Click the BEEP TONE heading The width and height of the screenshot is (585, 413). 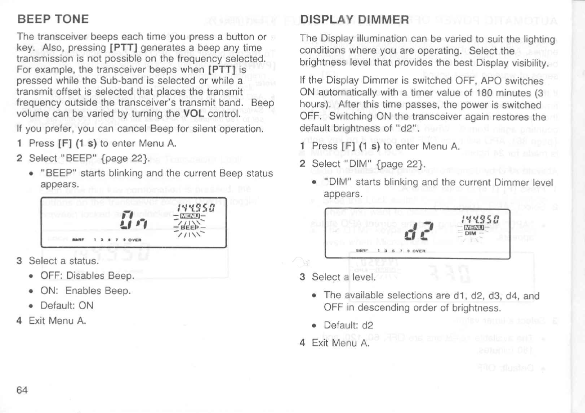pyautogui.click(x=53, y=20)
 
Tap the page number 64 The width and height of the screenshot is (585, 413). pyautogui.click(x=22, y=390)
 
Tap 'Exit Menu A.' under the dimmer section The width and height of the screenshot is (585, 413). pyautogui.click(x=340, y=343)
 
